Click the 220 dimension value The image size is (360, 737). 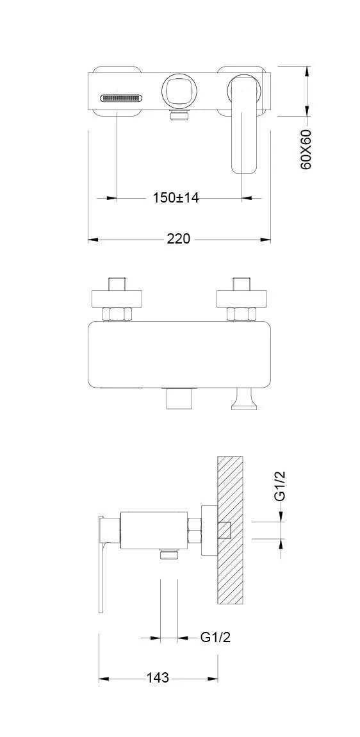click(179, 239)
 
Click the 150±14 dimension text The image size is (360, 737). click(176, 198)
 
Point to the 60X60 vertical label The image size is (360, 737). click(306, 149)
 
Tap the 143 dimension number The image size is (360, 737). click(158, 677)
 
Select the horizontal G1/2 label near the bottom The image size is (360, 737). click(215, 638)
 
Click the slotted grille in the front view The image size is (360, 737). click(120, 98)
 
